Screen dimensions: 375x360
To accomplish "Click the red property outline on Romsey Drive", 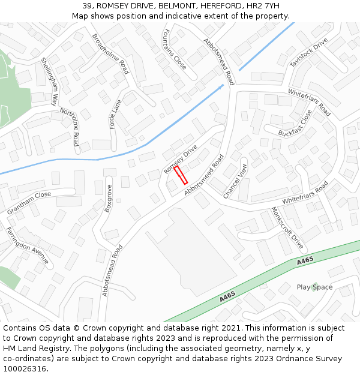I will coord(181,175).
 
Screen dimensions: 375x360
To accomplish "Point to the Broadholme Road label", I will coord(110,53).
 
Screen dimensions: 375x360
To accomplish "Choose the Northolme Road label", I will coord(69,127).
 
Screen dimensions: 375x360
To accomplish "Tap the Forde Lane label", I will coord(115,114).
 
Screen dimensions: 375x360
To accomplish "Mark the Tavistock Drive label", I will coord(309,53).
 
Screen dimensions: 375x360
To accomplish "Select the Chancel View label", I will coord(235,181).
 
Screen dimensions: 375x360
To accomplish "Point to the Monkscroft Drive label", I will coord(287,229).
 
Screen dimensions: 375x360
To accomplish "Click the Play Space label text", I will coord(314,287).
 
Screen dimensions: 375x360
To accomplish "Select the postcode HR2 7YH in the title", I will coord(263,6).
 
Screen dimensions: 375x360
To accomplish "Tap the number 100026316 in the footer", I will coord(25,369).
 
